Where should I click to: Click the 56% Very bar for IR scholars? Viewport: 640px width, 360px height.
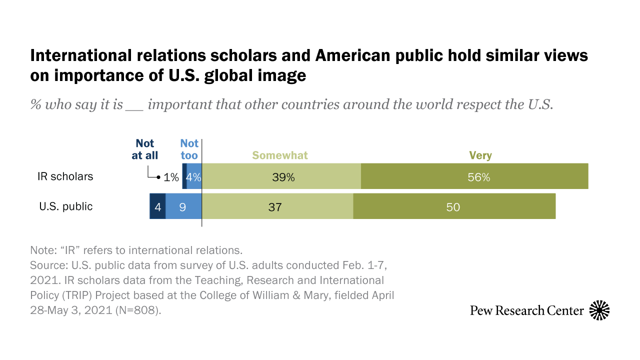[x=474, y=176]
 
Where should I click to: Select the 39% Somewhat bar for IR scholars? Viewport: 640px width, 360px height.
[x=281, y=176]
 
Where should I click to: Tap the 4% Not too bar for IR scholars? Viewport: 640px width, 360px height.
[x=194, y=176]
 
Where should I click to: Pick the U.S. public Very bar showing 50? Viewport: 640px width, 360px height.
[x=454, y=206]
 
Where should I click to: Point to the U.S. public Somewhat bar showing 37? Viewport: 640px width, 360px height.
[x=277, y=206]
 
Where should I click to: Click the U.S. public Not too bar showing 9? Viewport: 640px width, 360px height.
[x=183, y=206]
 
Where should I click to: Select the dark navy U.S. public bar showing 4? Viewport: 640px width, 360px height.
[x=157, y=206]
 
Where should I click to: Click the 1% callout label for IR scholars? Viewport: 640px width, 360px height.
[x=171, y=176]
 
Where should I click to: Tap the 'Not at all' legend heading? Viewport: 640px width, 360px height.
[x=144, y=149]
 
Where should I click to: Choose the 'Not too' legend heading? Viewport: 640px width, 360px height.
[x=189, y=149]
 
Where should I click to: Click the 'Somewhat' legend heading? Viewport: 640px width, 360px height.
[x=280, y=155]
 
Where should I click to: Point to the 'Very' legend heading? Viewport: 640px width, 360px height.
[x=480, y=155]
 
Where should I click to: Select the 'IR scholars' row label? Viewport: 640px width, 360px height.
[x=65, y=176]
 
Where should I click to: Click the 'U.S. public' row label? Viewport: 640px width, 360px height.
[x=66, y=206]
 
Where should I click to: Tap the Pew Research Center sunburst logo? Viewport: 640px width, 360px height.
[x=599, y=310]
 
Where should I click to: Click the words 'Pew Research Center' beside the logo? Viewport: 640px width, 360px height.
[x=526, y=310]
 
